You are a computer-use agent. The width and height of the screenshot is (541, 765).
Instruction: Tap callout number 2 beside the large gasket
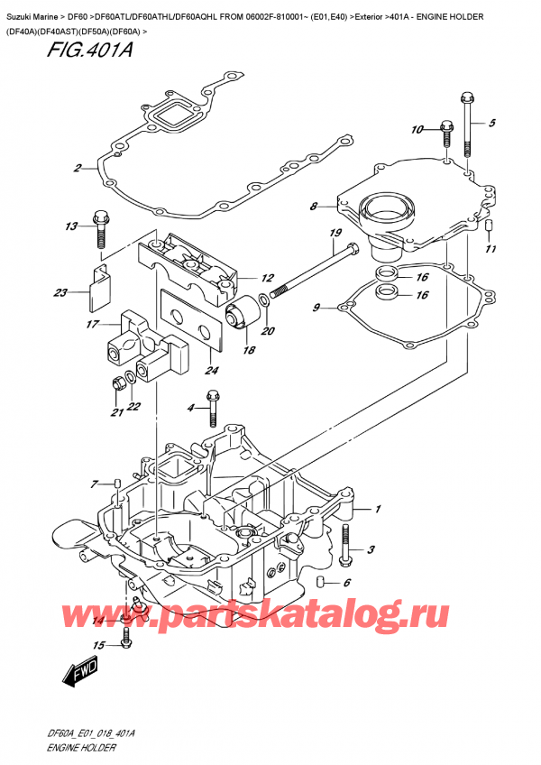(x=78, y=168)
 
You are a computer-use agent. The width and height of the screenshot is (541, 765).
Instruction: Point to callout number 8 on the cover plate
(x=313, y=207)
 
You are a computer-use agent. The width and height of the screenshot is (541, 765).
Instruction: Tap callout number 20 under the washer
(x=267, y=331)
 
